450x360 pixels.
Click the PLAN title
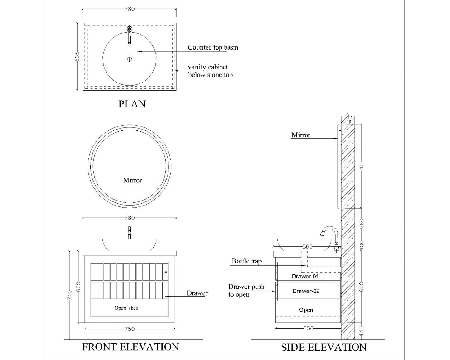pyautogui.click(x=132, y=104)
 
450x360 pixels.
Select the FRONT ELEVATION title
pyautogui.click(x=130, y=347)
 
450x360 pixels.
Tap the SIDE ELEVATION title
pyautogui.click(x=324, y=347)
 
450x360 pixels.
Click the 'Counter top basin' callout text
pyautogui.click(x=213, y=47)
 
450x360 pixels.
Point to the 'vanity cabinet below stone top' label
pyautogui.click(x=210, y=71)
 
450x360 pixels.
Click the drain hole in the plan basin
pyautogui.click(x=130, y=59)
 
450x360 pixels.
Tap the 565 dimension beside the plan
pyautogui.click(x=77, y=56)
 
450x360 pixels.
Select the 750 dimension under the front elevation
pyautogui.click(x=129, y=329)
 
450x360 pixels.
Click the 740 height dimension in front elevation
pyautogui.click(x=69, y=295)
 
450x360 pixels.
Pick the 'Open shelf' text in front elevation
pyautogui.click(x=127, y=308)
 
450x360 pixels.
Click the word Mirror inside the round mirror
pyautogui.click(x=132, y=180)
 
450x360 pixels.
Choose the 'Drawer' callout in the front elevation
pyautogui.click(x=197, y=293)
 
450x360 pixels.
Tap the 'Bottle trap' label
pyautogui.click(x=246, y=261)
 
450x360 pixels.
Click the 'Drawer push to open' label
pyautogui.click(x=246, y=291)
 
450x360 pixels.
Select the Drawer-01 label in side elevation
pyautogui.click(x=305, y=276)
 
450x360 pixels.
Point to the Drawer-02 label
pyautogui.click(x=306, y=291)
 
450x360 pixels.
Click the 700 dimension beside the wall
pyautogui.click(x=361, y=166)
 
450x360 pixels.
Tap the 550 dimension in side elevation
pyautogui.click(x=308, y=328)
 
